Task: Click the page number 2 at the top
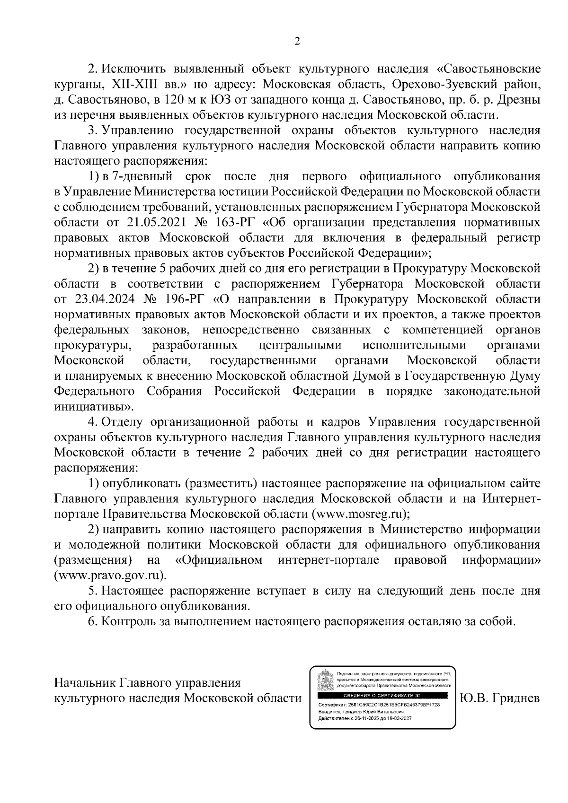click(x=297, y=42)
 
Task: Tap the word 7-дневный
click(x=138, y=176)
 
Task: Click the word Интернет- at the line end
click(x=512, y=498)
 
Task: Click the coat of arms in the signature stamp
click(x=323, y=677)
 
